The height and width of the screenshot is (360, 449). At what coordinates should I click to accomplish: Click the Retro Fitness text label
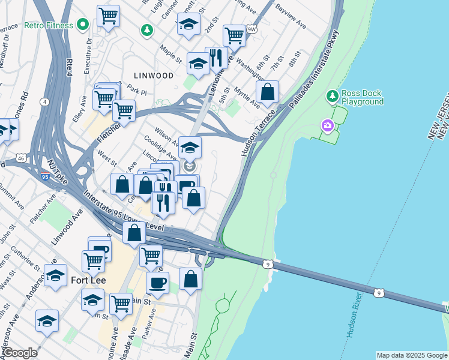point(49,26)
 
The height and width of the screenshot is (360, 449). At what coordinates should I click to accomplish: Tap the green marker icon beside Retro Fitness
point(83,25)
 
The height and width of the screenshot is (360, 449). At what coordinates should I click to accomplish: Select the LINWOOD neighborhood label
point(154,76)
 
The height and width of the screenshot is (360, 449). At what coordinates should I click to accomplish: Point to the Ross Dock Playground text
point(363,97)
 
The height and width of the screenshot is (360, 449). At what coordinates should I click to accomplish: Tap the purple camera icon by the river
point(328,125)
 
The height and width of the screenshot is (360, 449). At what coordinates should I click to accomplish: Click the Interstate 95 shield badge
point(46,176)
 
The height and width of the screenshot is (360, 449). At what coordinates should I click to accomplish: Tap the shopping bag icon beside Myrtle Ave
point(267,92)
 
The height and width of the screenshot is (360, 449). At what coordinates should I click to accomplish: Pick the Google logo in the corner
point(20,353)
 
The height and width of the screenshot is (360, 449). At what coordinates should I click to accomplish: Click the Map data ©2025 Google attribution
point(411,355)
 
